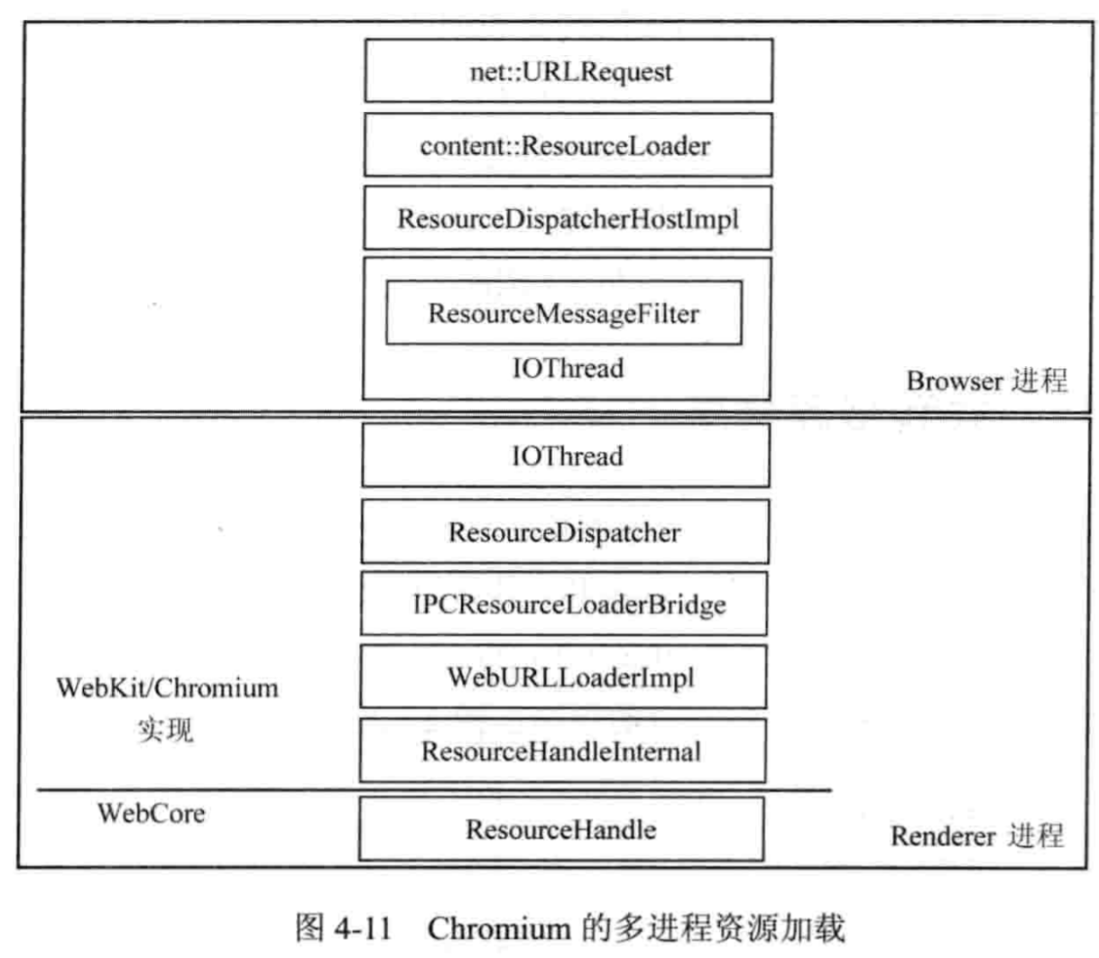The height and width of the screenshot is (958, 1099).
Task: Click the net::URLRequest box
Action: coord(568,70)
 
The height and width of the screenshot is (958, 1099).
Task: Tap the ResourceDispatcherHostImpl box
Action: coord(568,218)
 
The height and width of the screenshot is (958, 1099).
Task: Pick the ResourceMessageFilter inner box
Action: coord(564,313)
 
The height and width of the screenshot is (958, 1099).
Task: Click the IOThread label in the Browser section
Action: coord(568,368)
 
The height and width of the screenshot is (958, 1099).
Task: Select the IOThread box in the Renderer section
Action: coord(566,456)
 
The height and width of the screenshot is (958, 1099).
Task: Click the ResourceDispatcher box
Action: coord(565,531)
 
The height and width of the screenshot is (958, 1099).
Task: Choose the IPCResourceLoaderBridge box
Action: coord(564,603)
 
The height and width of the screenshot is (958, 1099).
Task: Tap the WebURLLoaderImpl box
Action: coord(563,677)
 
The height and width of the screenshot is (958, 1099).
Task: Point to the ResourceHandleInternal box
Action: coord(562,751)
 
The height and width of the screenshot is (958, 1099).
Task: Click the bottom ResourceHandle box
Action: coord(561,829)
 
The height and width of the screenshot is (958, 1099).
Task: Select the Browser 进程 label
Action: coord(986,380)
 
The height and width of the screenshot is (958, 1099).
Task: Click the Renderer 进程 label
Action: coord(977,835)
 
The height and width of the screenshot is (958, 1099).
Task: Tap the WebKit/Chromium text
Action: coord(167,687)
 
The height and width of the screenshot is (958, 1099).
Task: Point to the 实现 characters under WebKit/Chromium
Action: coord(165,729)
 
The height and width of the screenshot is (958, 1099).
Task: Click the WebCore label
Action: coord(151,813)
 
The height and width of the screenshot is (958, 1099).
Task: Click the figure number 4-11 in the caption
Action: coord(362,927)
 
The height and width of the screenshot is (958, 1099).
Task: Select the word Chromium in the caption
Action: coord(499,927)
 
